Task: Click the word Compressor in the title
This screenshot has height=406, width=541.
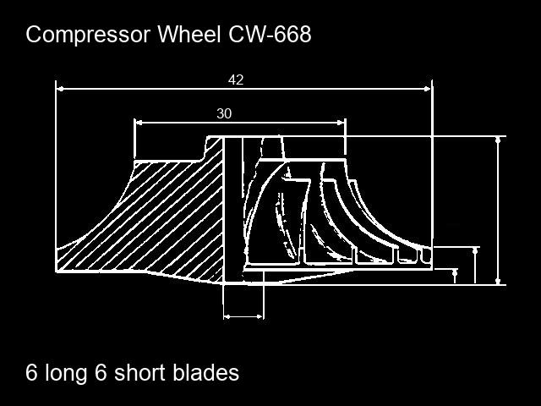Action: point(88,35)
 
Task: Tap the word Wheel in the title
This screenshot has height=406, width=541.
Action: point(189,34)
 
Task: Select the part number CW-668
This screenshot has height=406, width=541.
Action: point(270,34)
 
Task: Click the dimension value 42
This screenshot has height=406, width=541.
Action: point(236,80)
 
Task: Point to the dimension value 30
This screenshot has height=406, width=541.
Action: point(224,113)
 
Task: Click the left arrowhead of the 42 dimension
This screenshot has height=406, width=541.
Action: point(60,89)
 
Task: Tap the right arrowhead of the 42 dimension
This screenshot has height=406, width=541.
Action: point(428,89)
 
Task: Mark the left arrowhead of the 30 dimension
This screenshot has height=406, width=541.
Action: point(139,123)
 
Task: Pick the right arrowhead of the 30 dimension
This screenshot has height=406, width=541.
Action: point(341,123)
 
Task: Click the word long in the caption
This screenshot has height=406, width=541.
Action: point(66,374)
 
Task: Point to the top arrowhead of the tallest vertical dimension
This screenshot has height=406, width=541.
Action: point(498,140)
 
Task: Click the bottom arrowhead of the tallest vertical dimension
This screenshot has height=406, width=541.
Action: point(498,281)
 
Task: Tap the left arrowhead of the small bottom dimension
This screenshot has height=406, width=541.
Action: point(227,316)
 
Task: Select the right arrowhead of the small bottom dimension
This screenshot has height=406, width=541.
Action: point(260,316)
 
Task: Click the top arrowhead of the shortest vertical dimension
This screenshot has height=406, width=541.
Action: point(455,272)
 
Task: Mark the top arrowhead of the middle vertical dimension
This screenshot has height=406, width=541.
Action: point(475,251)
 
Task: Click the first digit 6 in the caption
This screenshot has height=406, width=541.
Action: point(31,372)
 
